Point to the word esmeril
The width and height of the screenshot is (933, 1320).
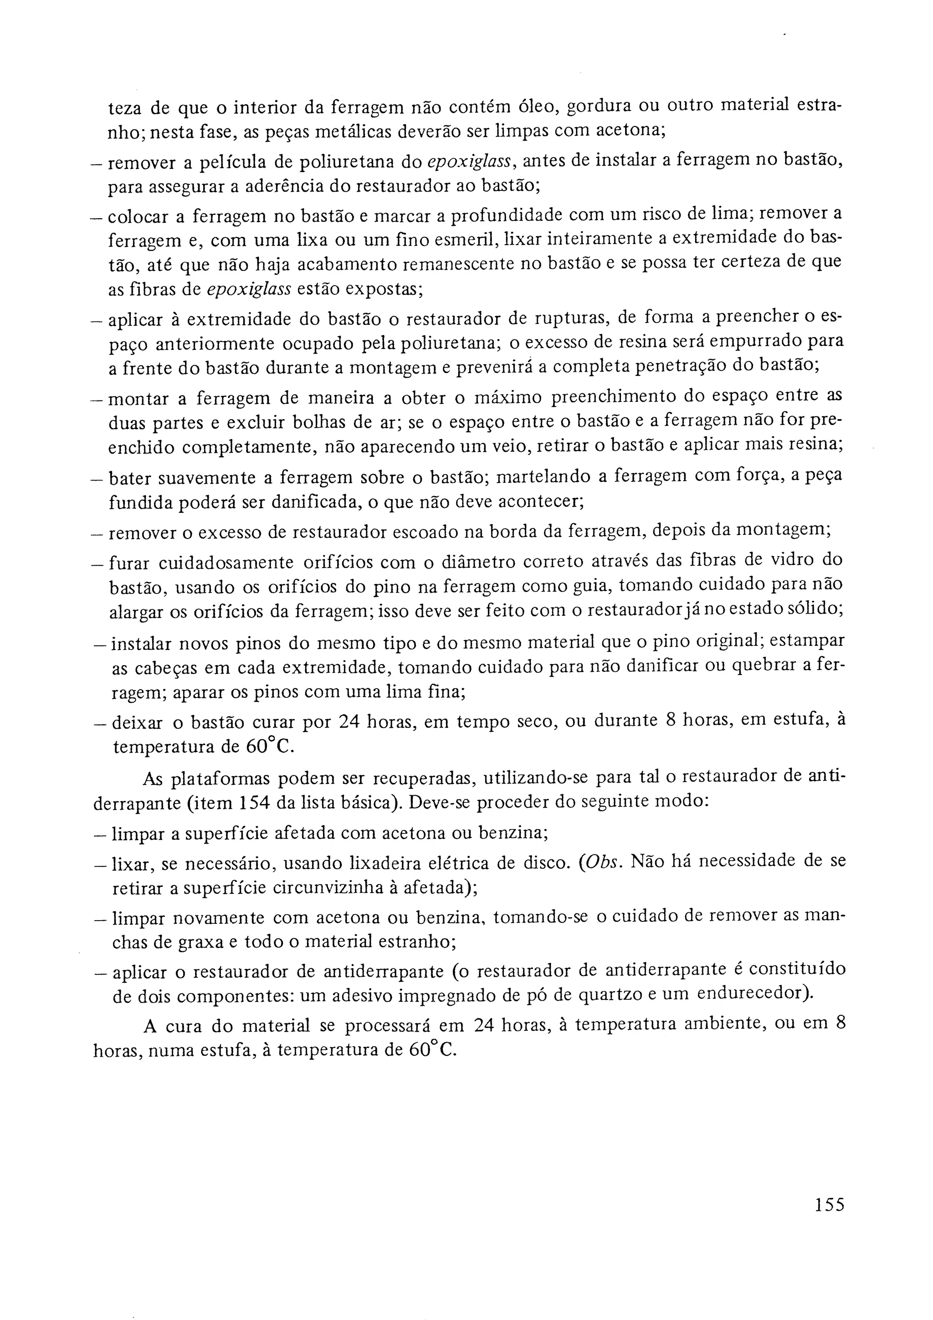[430, 239]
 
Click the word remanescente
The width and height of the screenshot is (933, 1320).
[465, 265]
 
